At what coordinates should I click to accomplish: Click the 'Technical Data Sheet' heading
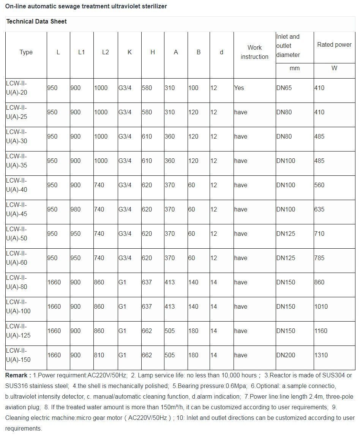(x=36, y=22)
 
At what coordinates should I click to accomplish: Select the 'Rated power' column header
(x=334, y=45)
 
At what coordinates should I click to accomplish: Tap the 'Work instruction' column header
(x=254, y=52)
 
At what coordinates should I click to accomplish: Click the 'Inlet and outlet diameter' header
(x=288, y=46)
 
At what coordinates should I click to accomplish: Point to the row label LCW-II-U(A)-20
(x=17, y=88)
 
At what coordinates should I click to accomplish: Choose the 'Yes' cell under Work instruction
(x=239, y=88)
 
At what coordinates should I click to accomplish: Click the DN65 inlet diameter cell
(x=284, y=88)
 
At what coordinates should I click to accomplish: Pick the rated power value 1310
(x=321, y=355)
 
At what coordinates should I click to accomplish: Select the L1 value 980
(x=76, y=210)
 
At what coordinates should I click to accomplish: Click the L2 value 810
(x=99, y=355)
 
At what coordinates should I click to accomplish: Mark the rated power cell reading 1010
(x=321, y=307)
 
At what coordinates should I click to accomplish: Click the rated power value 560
(x=319, y=185)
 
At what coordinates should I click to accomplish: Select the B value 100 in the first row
(x=193, y=88)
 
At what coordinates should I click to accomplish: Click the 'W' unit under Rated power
(x=334, y=68)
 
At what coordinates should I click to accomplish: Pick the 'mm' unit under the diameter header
(x=294, y=68)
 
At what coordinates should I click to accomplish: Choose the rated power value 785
(x=319, y=258)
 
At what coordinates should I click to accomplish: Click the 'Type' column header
(x=26, y=52)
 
